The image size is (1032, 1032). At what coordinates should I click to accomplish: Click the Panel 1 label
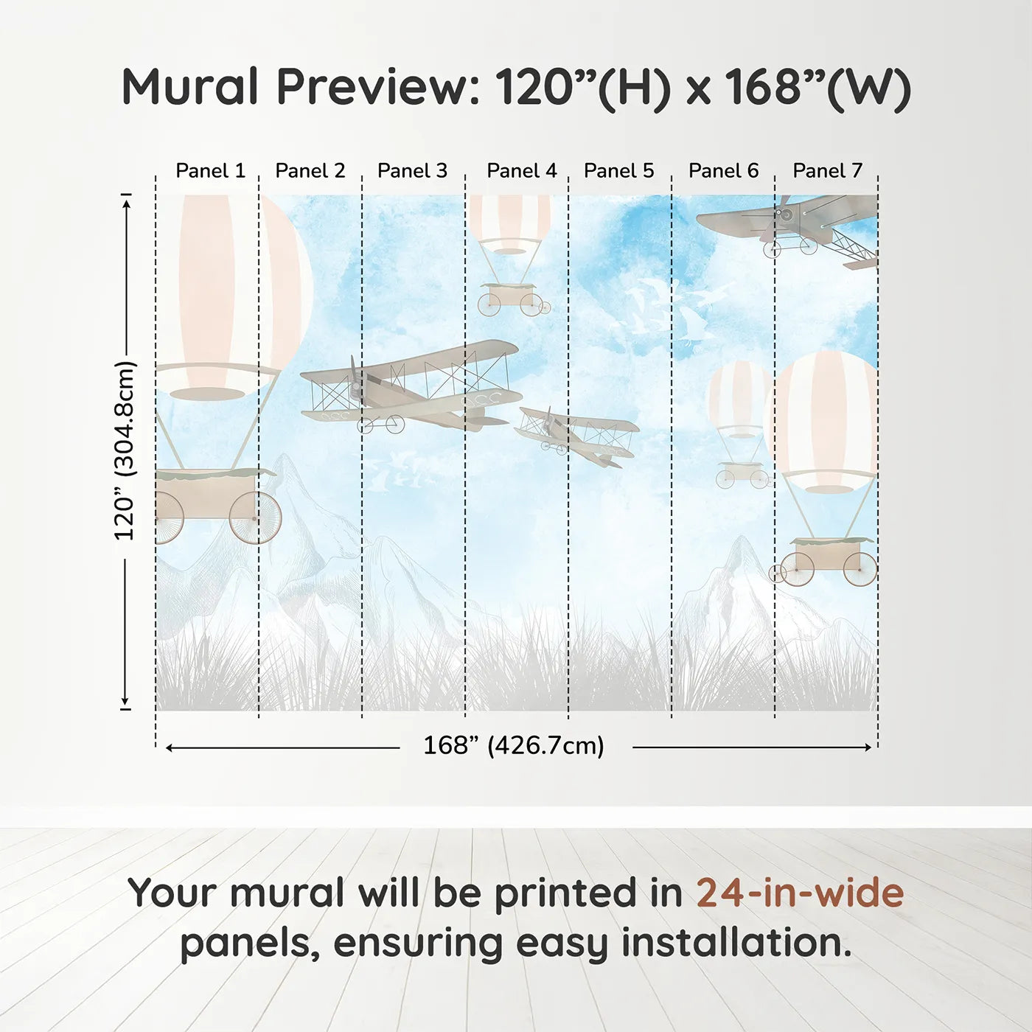point(210,171)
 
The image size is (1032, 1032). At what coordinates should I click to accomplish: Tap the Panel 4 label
point(522,171)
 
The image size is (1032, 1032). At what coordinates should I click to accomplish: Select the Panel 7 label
point(827,171)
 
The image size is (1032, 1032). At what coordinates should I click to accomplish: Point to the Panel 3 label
point(412,171)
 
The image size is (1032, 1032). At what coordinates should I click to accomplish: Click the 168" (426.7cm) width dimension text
point(514,746)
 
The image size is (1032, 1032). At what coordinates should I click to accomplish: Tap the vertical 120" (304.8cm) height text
point(125,450)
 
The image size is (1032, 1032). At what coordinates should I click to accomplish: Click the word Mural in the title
point(190,87)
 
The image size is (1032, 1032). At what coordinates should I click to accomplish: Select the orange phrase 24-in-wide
point(800,893)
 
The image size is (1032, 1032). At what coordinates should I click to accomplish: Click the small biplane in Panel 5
point(577,435)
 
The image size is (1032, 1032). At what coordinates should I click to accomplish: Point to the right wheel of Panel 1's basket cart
point(255,518)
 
